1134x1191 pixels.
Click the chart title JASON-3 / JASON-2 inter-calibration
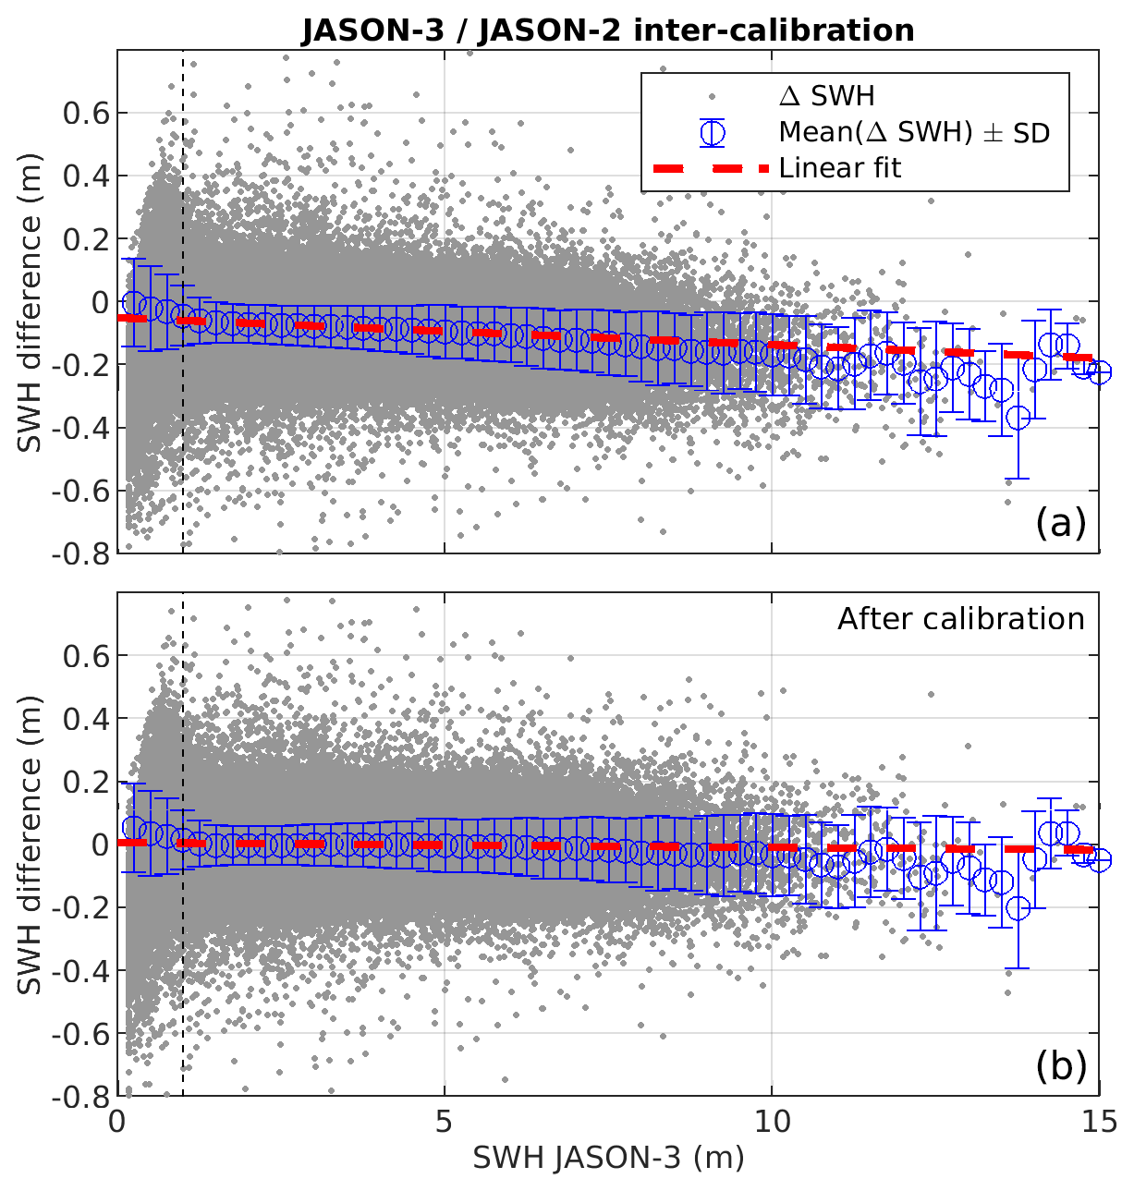click(607, 30)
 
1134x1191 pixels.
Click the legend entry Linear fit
click(839, 168)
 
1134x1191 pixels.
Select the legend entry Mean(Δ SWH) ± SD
click(913, 133)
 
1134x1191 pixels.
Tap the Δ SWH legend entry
click(826, 96)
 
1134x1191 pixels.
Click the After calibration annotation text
click(960, 619)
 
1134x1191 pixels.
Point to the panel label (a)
click(1060, 524)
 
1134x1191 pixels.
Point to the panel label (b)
click(1060, 1066)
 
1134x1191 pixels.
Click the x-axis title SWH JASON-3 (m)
click(608, 1158)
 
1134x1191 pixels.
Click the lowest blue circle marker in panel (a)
click(1018, 418)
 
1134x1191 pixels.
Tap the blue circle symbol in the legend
click(712, 133)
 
